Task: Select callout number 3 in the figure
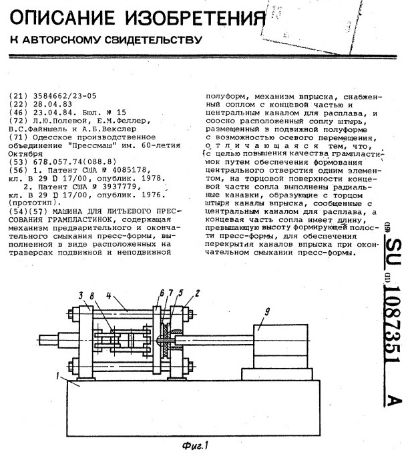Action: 80,294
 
